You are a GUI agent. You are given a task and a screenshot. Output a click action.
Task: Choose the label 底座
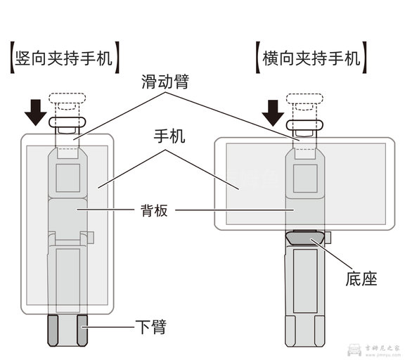(361, 278)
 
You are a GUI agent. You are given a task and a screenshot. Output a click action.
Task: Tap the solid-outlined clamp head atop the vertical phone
(68, 123)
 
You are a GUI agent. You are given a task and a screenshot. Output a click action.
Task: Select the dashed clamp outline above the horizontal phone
(304, 103)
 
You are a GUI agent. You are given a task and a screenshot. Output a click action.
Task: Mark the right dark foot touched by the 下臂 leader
(83, 330)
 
